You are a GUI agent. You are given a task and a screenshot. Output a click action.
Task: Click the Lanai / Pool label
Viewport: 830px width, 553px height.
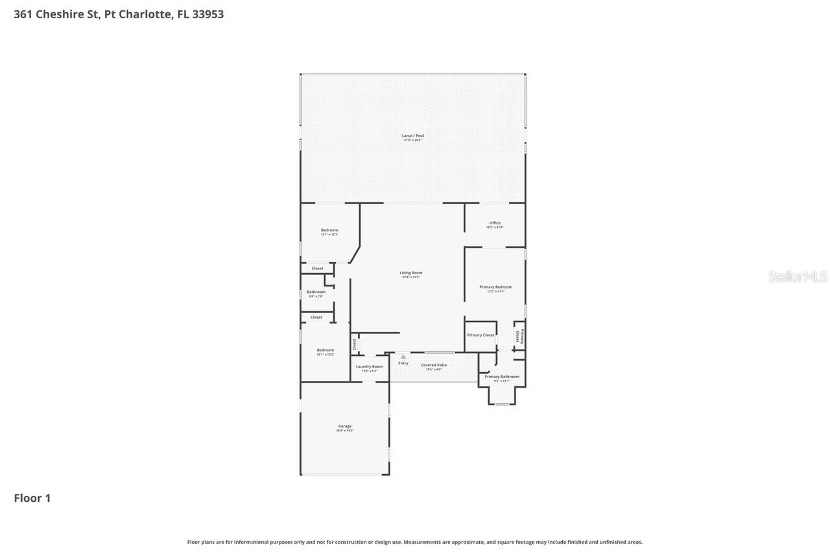[412, 136]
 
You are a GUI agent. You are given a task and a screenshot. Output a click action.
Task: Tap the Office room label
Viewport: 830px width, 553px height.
[495, 224]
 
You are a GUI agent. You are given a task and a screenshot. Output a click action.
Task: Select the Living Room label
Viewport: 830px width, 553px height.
[410, 274]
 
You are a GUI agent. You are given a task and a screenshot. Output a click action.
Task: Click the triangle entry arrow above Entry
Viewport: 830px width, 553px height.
[403, 357]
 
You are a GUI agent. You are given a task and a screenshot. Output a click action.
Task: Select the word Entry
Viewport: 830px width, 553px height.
[403, 363]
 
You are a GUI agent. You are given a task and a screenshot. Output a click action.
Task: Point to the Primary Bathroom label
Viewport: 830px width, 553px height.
[501, 377]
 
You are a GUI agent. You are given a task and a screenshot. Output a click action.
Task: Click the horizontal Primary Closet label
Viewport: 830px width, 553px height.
[480, 335]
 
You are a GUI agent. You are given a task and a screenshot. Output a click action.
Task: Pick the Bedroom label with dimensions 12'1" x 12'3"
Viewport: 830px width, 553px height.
[329, 231]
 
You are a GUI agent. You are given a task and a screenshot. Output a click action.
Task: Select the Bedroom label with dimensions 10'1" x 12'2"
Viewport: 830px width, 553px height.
[326, 351]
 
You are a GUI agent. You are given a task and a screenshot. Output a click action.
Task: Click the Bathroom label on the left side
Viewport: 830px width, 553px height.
[316, 292]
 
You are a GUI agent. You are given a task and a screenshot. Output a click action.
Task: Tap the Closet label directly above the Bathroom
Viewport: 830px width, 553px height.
[317, 268]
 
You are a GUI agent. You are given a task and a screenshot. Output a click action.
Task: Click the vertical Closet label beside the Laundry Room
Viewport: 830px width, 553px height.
[355, 344]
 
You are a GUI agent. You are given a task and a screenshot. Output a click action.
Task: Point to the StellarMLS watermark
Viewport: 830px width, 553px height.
[798, 277]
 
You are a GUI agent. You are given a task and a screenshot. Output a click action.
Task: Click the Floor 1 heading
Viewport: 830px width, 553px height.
[32, 498]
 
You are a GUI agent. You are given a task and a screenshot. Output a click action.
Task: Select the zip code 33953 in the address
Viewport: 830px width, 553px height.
[207, 14]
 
